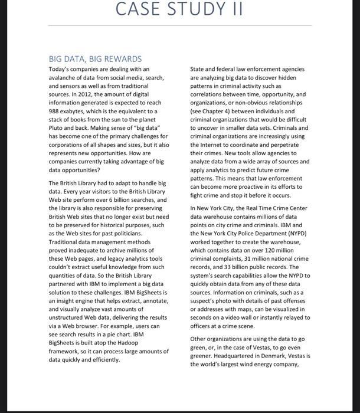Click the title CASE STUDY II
(179, 10)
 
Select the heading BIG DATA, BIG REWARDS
(95, 59)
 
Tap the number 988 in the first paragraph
(55, 111)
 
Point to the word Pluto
(58, 127)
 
